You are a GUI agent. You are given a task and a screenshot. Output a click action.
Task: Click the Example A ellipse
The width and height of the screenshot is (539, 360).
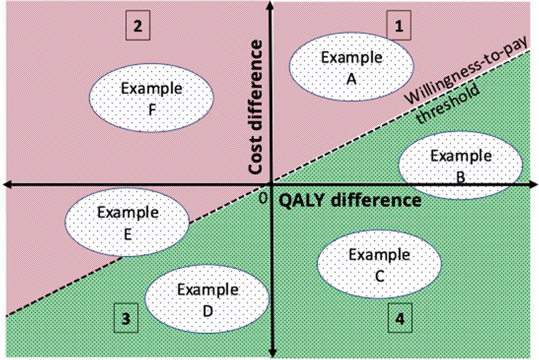[x=351, y=67]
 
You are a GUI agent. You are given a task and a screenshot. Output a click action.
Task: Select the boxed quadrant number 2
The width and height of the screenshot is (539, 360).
[x=137, y=26]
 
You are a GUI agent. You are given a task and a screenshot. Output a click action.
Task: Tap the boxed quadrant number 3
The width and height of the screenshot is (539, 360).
[x=126, y=318]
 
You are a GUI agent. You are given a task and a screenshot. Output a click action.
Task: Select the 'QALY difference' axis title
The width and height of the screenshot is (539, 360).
[x=350, y=200]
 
